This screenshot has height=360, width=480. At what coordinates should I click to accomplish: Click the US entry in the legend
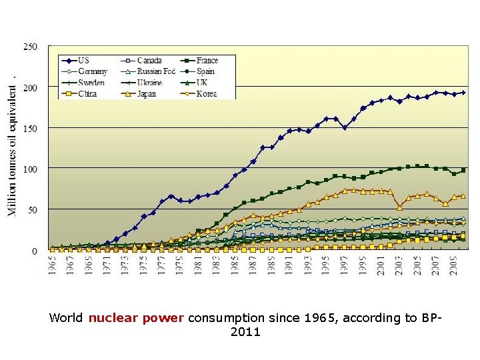pos(84,61)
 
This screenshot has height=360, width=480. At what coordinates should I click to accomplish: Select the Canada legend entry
pos(149,61)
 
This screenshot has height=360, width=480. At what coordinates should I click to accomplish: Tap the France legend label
pos(207,61)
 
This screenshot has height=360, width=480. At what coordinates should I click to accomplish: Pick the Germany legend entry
pos(93,72)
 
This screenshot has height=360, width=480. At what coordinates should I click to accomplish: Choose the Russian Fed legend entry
pos(156,72)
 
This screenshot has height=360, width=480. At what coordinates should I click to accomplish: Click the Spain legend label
pos(206,72)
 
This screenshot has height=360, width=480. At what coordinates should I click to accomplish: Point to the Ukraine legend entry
pos(149,83)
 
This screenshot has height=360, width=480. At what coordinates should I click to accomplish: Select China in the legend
pos(87,94)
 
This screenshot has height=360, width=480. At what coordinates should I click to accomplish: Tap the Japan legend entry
pos(147,94)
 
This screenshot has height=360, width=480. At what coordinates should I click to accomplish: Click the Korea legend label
pos(207,94)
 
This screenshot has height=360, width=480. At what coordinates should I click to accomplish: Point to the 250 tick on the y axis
pos(31,47)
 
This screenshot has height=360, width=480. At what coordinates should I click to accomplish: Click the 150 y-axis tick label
pos(31,128)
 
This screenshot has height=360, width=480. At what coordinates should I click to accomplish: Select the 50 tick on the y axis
pos(33,210)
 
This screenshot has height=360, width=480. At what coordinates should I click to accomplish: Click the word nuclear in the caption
pos(114,318)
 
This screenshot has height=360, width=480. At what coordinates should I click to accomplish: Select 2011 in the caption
pos(245,332)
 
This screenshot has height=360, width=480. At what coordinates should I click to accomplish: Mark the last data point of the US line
pos(463,93)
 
